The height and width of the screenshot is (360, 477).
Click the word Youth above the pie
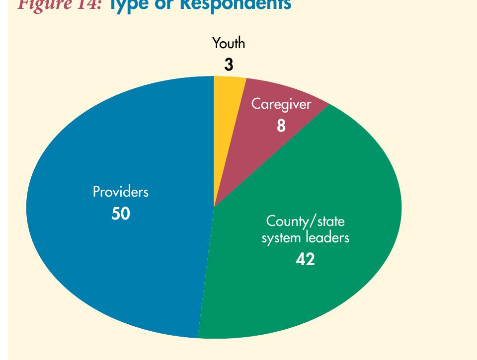(229, 43)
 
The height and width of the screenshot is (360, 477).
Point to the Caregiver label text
(281, 104)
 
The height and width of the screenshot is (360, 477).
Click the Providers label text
(120, 192)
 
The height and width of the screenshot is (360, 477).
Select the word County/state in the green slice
(305, 221)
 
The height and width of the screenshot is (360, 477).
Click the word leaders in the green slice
(326, 237)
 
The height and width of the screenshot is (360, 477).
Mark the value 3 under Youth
(229, 65)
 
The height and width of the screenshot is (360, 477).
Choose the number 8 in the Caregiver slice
(281, 126)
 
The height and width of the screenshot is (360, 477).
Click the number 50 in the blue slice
(120, 214)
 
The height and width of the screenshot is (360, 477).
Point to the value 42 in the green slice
(305, 259)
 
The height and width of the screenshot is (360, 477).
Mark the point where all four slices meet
(214, 207)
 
